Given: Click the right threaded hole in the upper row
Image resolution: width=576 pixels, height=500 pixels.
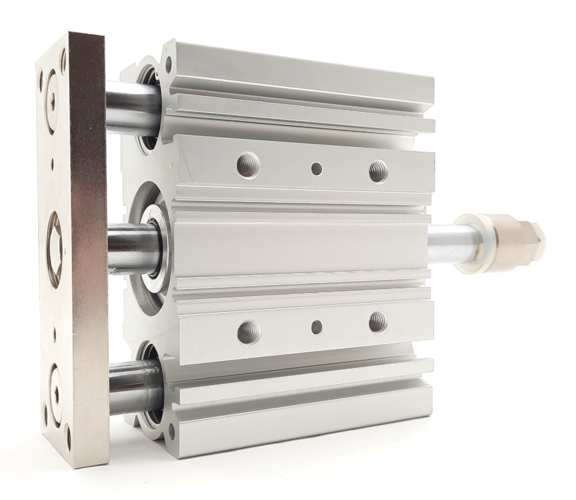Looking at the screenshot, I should click(376, 171).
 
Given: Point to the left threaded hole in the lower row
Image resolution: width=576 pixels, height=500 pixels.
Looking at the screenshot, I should click(249, 331).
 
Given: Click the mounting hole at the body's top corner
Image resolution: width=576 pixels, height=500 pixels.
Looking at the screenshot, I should click(170, 62).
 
